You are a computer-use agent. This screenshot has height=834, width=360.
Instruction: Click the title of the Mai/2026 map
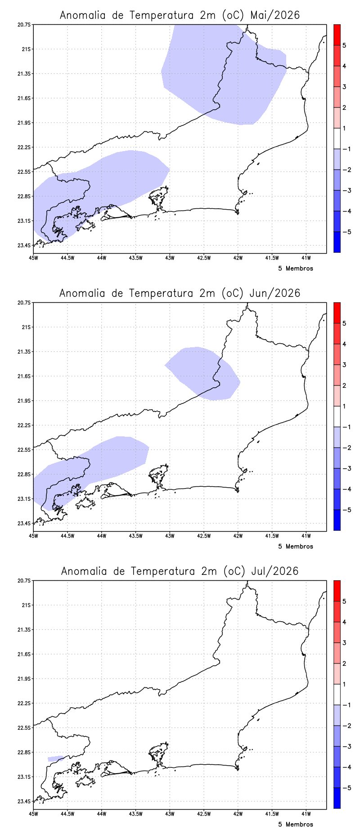(x=180, y=15)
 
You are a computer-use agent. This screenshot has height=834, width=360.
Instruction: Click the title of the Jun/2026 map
(x=180, y=293)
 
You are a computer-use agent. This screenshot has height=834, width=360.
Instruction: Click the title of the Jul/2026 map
(x=180, y=571)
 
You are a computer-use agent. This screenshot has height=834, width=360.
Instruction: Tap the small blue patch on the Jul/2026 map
(x=55, y=758)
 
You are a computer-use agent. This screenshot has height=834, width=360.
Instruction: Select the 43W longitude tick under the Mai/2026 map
(x=170, y=258)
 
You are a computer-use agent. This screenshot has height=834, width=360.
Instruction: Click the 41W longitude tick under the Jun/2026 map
(x=306, y=536)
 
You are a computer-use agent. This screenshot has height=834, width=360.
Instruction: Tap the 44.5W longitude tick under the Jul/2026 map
(x=67, y=814)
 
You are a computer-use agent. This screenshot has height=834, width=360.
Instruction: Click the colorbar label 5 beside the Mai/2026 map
(x=344, y=45)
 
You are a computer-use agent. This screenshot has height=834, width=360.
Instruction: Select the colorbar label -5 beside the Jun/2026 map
(x=346, y=510)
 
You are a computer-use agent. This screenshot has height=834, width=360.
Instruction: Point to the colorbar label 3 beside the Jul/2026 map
(x=344, y=643)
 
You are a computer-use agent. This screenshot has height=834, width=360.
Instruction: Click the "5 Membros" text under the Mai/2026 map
(x=296, y=269)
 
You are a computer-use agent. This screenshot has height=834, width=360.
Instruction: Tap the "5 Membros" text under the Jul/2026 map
(x=296, y=825)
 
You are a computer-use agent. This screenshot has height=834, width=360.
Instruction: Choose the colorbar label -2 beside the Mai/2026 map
(x=346, y=170)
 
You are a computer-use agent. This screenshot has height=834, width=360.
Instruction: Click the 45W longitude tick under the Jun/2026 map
(x=33, y=536)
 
